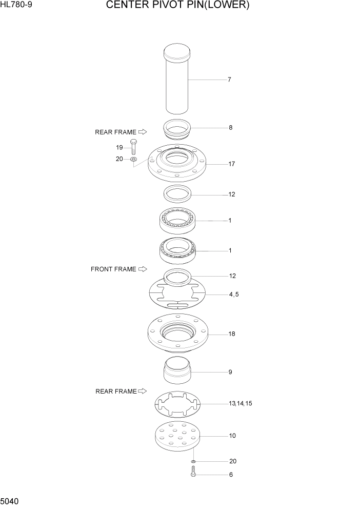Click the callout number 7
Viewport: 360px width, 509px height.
click(x=230, y=80)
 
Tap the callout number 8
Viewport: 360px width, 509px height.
click(x=230, y=127)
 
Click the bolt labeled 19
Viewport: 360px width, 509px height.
click(x=133, y=147)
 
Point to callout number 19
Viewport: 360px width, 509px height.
click(x=119, y=147)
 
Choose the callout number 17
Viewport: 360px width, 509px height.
click(x=232, y=164)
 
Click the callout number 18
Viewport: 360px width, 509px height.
click(x=232, y=334)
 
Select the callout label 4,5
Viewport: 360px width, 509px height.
click(x=233, y=295)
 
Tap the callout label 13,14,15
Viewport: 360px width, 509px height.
click(x=241, y=404)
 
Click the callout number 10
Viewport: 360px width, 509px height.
click(x=232, y=436)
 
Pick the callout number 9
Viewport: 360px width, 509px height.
click(x=230, y=372)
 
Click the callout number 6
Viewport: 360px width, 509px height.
click(x=230, y=475)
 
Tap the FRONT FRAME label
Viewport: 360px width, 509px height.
click(x=113, y=269)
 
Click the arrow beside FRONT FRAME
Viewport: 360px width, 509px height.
click(x=143, y=269)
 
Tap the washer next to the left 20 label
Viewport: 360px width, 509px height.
click(x=133, y=160)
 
